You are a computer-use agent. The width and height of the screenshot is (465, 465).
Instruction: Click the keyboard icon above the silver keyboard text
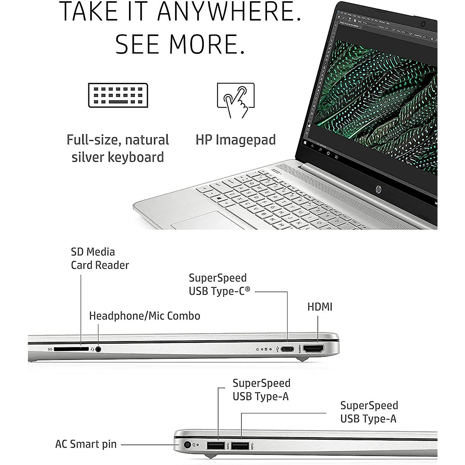118,95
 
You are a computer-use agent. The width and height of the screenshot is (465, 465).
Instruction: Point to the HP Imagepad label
236,140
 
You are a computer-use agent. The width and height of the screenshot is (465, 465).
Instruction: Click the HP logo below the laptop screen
378,189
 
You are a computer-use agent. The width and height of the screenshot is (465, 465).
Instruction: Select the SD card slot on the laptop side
71,349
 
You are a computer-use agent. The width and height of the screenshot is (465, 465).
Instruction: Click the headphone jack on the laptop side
98,349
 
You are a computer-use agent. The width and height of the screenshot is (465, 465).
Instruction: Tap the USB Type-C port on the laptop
287,349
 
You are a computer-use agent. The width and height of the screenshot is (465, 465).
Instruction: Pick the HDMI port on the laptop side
313,349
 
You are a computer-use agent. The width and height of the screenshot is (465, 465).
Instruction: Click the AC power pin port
188,445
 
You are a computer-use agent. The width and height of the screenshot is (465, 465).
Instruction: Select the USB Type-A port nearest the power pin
215,446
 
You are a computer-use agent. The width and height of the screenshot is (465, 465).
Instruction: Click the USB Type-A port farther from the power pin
240,446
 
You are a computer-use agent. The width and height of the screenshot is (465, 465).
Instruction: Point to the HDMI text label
320,307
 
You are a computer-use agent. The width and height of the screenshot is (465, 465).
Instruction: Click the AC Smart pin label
86,444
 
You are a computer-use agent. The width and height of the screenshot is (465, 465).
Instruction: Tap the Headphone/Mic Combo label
145,316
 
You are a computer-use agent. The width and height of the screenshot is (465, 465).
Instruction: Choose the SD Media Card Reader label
100,258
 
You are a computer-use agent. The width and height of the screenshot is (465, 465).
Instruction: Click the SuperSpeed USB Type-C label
219,284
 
